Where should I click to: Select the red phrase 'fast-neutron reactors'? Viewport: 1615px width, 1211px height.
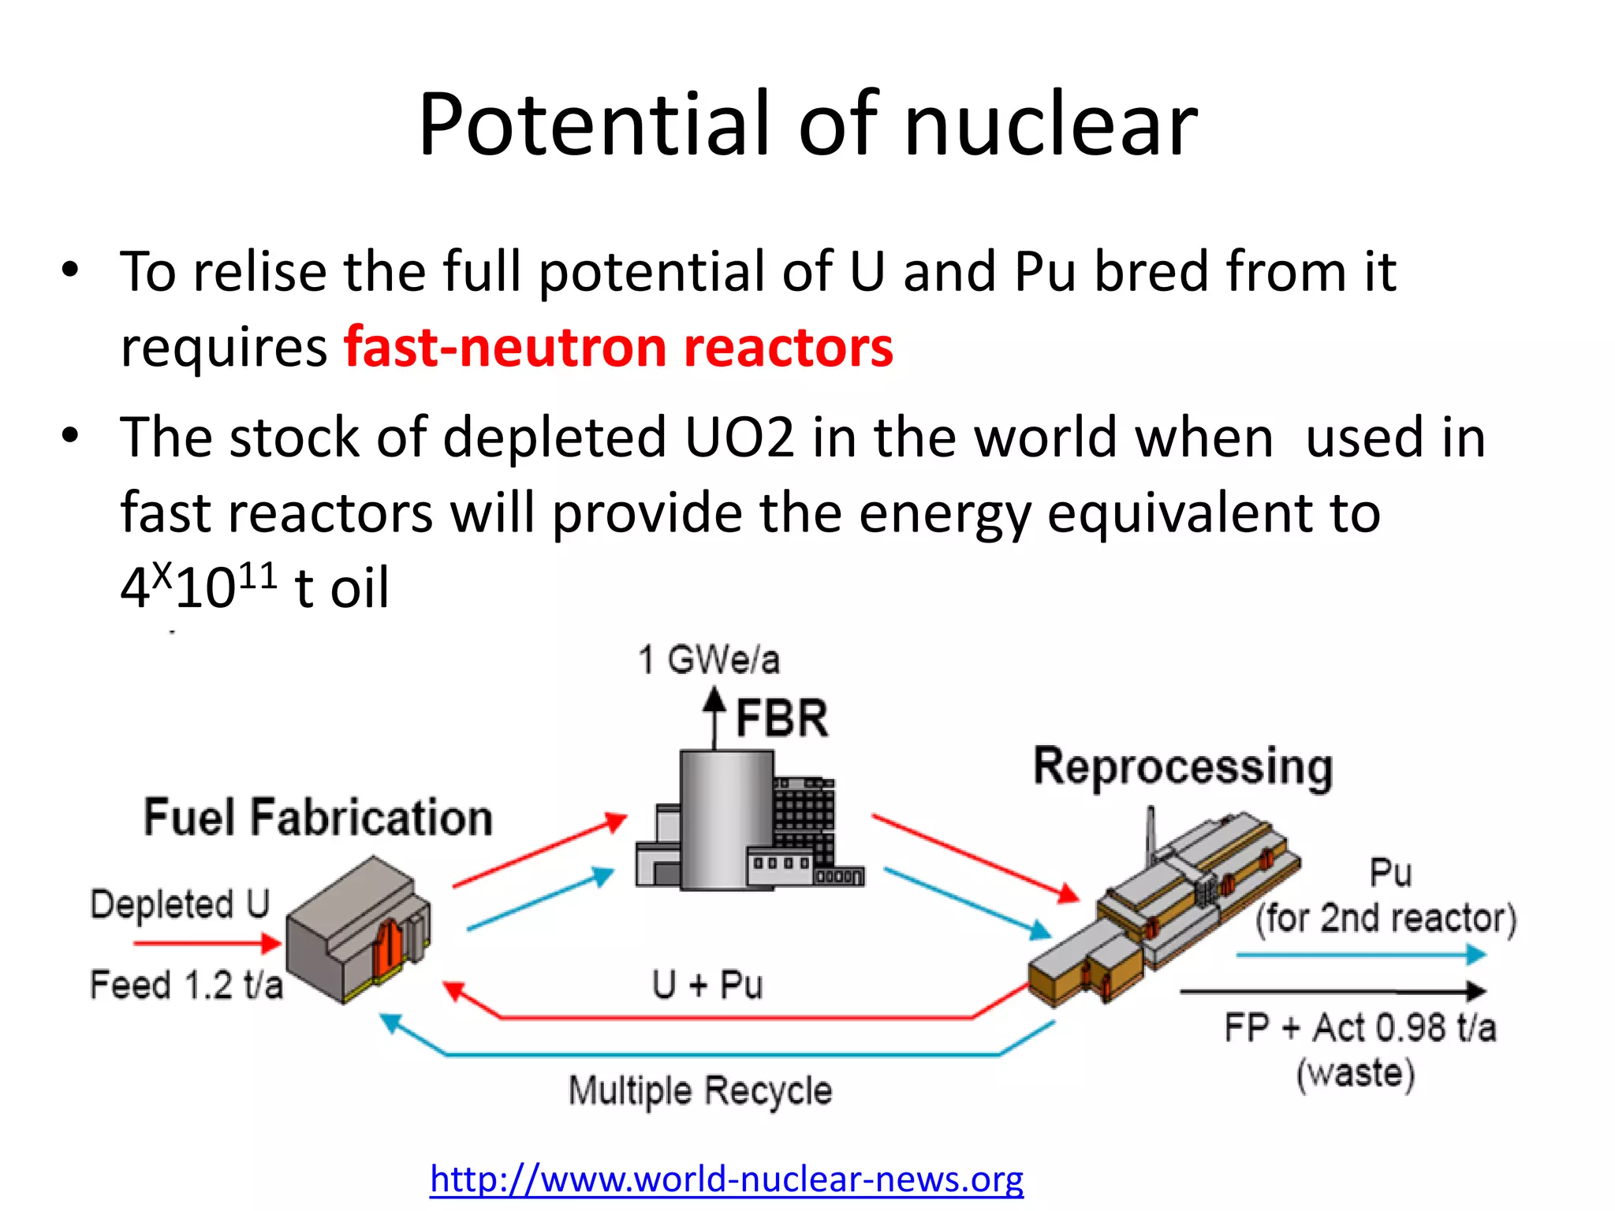coord(618,347)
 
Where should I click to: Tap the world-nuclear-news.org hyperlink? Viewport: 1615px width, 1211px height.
coord(726,1179)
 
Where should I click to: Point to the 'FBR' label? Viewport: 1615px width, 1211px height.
coord(781,718)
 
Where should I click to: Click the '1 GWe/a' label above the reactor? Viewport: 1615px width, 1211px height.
coord(708,660)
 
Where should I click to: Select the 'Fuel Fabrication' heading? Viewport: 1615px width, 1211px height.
coord(318,817)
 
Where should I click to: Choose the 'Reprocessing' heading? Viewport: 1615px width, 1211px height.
coord(1183,766)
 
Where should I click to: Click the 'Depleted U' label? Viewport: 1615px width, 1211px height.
coord(180,904)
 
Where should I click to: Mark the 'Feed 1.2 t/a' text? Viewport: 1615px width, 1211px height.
coord(186,986)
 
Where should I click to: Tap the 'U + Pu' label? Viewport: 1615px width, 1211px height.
coord(707,985)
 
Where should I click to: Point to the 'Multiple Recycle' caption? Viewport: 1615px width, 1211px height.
coord(699,1091)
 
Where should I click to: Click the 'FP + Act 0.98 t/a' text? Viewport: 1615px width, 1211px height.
coord(1360,1028)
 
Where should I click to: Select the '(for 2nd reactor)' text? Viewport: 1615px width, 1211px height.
coord(1386,918)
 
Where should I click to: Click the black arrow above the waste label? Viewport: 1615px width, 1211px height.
coord(1333,991)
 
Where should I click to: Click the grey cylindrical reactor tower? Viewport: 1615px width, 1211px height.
coord(725,820)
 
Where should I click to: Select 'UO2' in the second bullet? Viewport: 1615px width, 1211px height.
coord(739,438)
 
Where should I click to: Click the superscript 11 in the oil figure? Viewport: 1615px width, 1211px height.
coord(257,576)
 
